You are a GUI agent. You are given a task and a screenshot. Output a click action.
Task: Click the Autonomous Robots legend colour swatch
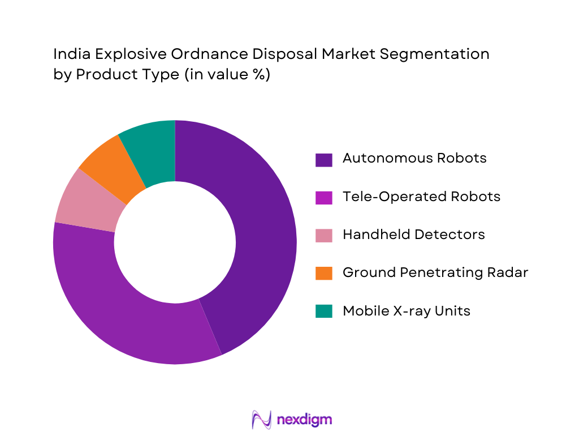click(323, 159)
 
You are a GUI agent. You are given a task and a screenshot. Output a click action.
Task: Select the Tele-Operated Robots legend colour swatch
click(323, 197)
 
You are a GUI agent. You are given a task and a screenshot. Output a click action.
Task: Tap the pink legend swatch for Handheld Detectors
click(323, 235)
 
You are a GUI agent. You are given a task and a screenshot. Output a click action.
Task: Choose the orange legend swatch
click(323, 273)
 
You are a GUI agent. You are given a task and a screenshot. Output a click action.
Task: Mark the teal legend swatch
click(323, 311)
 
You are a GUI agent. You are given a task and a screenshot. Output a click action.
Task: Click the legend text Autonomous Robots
click(414, 158)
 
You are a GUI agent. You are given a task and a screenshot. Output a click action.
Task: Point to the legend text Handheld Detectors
click(413, 234)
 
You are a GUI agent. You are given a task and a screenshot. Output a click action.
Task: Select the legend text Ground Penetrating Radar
click(435, 272)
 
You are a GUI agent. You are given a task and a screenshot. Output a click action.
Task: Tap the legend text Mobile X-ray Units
click(406, 311)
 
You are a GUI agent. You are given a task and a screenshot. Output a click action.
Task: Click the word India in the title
click(71, 54)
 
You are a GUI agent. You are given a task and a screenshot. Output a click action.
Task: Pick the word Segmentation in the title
click(432, 55)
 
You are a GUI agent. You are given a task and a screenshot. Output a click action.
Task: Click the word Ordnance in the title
click(209, 54)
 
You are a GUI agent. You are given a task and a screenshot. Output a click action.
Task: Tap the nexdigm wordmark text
click(305, 420)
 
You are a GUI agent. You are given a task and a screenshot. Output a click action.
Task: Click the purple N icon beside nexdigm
click(261, 419)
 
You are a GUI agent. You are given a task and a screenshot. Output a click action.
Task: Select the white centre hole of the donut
click(175, 242)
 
